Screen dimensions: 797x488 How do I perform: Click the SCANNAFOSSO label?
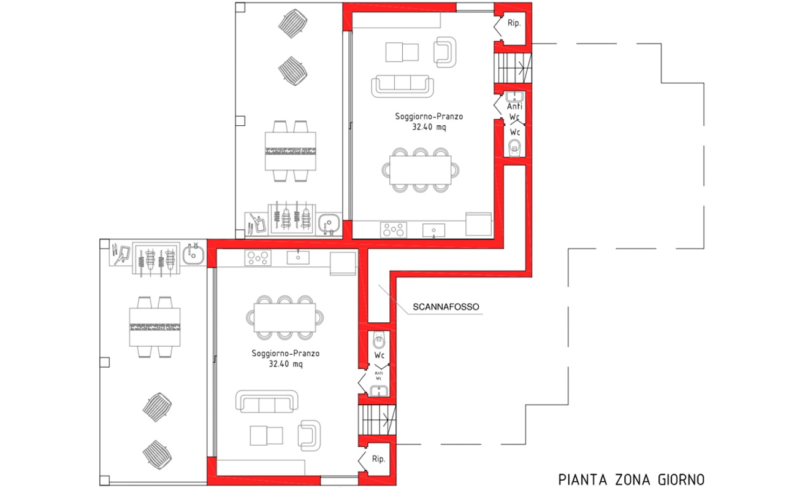tap(446, 307)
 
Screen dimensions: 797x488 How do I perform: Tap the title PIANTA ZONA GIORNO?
tap(631, 479)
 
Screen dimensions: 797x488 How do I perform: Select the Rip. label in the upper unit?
tap(514, 23)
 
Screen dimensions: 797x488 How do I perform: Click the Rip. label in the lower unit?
tap(378, 459)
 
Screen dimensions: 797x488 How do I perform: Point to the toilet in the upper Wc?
tap(514, 148)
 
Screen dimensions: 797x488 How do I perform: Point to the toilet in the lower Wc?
tap(379, 340)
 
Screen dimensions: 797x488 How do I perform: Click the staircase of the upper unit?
tap(513, 68)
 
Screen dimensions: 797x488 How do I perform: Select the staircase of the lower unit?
tap(377, 420)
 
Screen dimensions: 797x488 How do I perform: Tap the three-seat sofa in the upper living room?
tap(402, 86)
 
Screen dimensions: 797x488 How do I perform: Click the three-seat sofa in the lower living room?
tap(267, 401)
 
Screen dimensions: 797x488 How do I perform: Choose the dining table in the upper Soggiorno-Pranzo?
tap(420, 170)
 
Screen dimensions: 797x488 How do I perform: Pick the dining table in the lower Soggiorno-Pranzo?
tap(284, 317)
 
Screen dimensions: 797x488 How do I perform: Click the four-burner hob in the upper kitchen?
tap(393, 230)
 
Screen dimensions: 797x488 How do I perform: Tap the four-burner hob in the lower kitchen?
tap(257, 258)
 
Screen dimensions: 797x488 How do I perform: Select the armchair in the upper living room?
tap(444, 52)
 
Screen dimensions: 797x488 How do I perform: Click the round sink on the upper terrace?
tap(329, 223)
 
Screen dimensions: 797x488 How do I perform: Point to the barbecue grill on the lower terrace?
tap(156, 259)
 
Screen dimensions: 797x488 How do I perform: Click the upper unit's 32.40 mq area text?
tap(429, 127)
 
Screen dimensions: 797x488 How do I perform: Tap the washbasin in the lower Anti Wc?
tap(379, 391)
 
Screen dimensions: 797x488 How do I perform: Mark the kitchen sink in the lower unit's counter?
tap(298, 258)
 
